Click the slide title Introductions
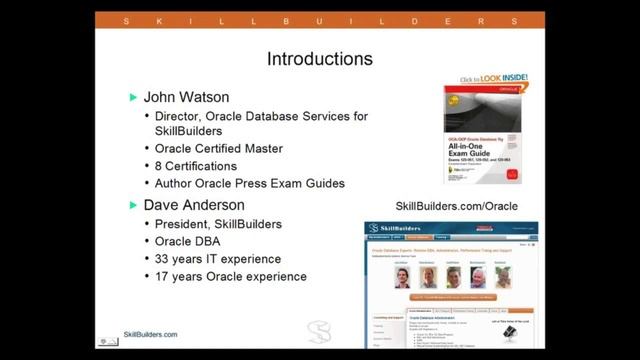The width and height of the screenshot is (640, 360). tap(319, 60)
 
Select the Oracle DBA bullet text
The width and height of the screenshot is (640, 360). tap(189, 242)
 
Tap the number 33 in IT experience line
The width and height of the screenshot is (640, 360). tap(164, 259)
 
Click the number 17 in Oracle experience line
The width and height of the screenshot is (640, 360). tap(164, 276)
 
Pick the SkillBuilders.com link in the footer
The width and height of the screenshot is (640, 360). tap(150, 335)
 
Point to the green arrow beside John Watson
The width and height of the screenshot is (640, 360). tap(134, 98)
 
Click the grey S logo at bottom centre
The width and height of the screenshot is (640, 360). tap(319, 331)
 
